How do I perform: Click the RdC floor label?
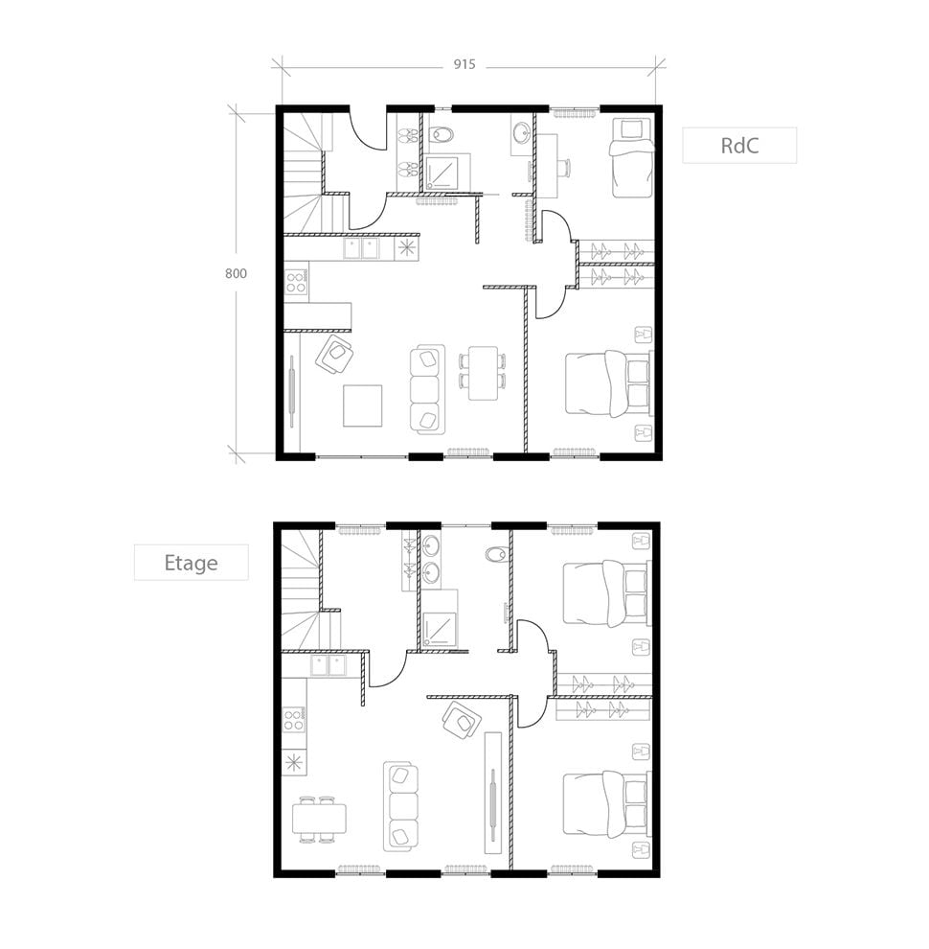(x=738, y=146)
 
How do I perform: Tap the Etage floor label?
(x=191, y=563)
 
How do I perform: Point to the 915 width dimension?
(x=464, y=65)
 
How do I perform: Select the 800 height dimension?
(x=236, y=273)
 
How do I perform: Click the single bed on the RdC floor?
(x=628, y=156)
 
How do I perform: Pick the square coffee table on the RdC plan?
(x=362, y=405)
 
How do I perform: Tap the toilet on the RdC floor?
(x=442, y=135)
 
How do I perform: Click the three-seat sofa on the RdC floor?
(x=426, y=388)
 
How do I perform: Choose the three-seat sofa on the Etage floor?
(x=402, y=806)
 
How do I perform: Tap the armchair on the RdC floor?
(x=335, y=356)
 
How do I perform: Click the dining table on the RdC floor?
(x=484, y=373)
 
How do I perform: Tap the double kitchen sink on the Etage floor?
(x=328, y=664)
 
